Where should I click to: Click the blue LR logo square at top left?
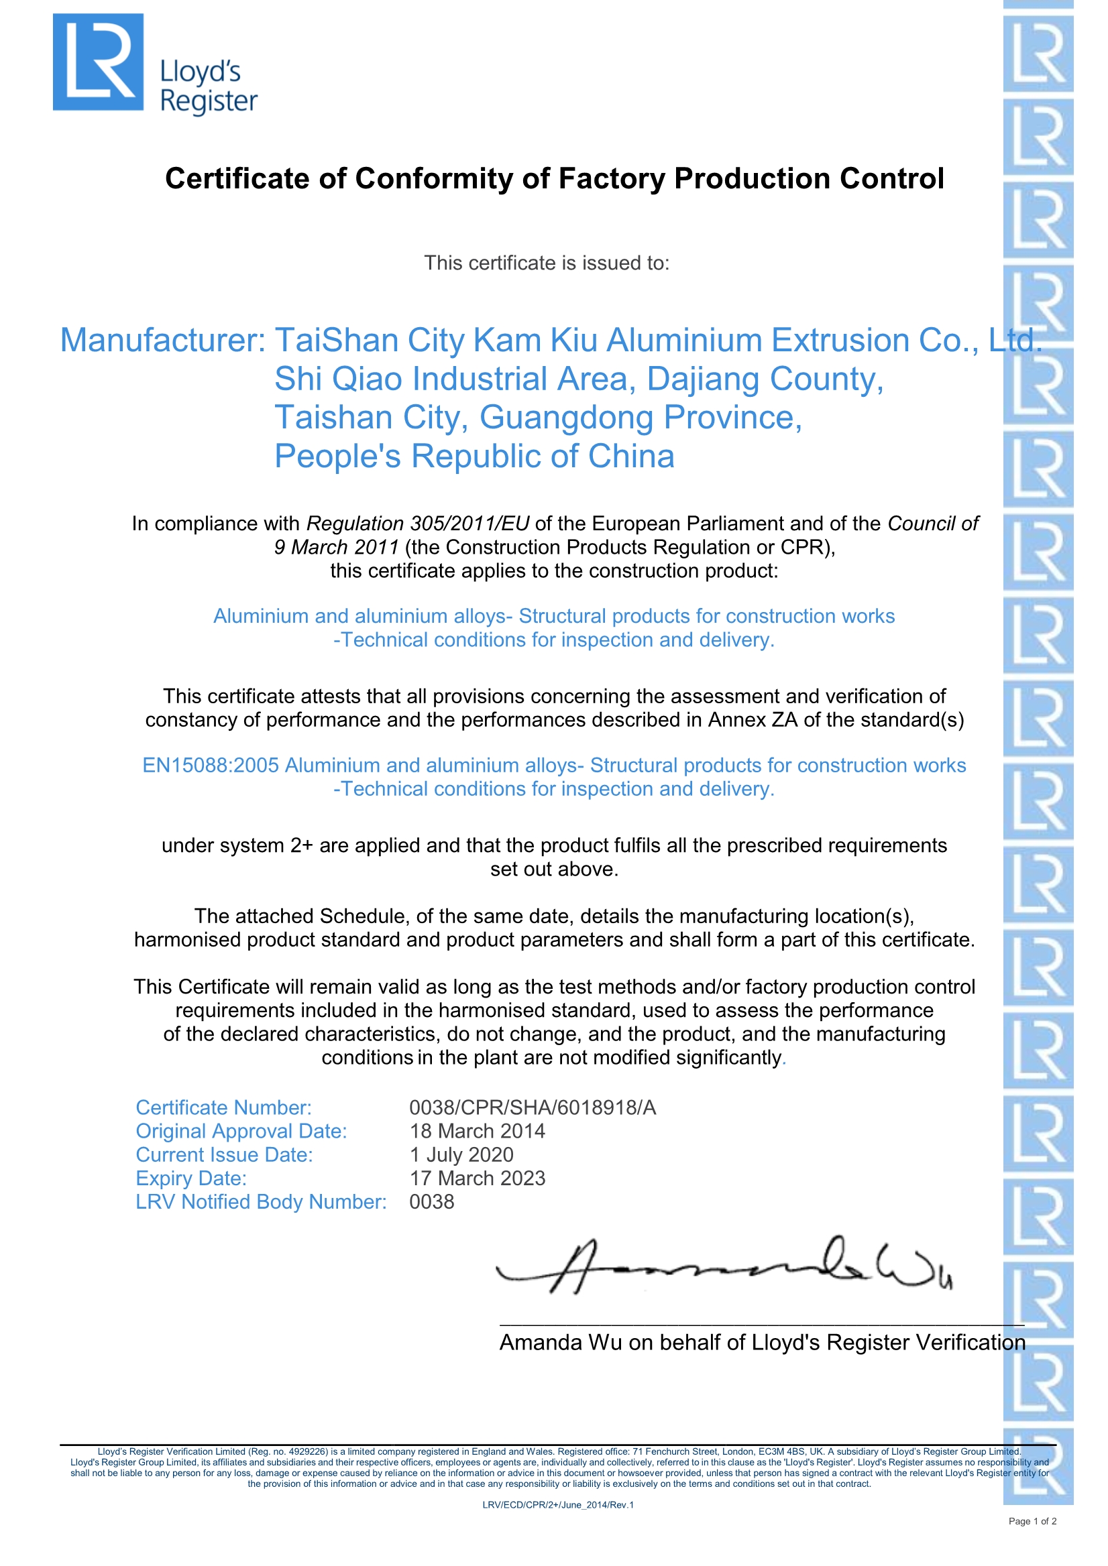click(98, 62)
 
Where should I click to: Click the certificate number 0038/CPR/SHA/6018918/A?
click(532, 1107)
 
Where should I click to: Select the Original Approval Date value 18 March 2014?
click(477, 1132)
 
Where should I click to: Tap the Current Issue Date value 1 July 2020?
click(461, 1154)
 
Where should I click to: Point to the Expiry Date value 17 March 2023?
click(477, 1179)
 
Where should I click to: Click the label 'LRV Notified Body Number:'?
click(261, 1202)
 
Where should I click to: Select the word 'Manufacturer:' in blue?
click(162, 341)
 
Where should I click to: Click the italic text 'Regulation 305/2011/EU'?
click(418, 524)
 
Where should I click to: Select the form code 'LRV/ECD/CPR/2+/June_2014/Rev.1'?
click(557, 1504)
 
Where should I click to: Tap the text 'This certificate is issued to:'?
click(547, 263)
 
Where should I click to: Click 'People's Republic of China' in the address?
click(474, 457)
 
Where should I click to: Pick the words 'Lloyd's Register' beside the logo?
click(208, 86)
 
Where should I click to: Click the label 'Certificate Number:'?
click(223, 1107)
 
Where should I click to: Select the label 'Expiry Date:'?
click(191, 1179)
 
